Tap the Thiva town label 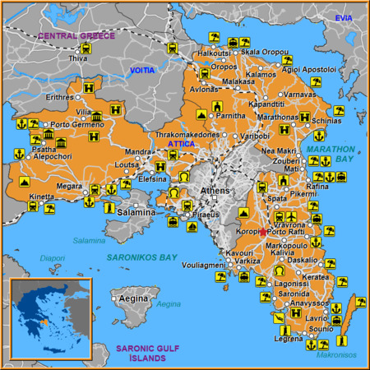pyautogui.click(x=78, y=58)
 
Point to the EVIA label pyautogui.click(x=343, y=17)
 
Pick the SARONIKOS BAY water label pyautogui.click(x=141, y=257)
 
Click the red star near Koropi pyautogui.click(x=262, y=233)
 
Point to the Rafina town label pyautogui.click(x=317, y=186)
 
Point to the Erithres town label pyautogui.click(x=59, y=97)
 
